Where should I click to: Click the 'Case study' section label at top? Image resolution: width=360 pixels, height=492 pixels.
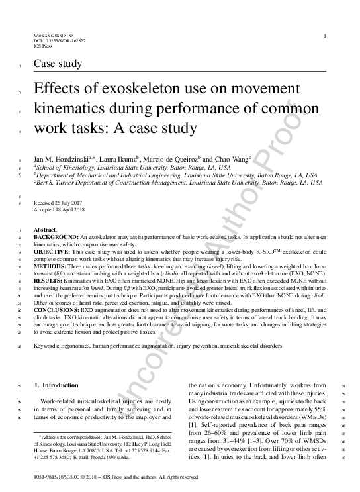coord(58,64)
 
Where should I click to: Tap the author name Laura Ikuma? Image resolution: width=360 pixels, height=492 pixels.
coord(118,160)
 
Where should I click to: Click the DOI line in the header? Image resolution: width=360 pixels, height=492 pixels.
coord(59,41)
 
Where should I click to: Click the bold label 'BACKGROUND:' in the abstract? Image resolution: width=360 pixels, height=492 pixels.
coord(55,236)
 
